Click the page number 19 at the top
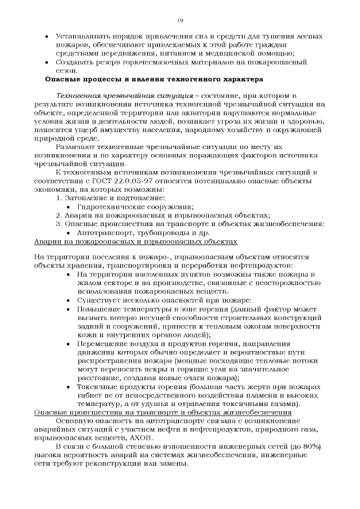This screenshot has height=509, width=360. (x=180, y=21)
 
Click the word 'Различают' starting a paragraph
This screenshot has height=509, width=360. (x=73, y=146)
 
